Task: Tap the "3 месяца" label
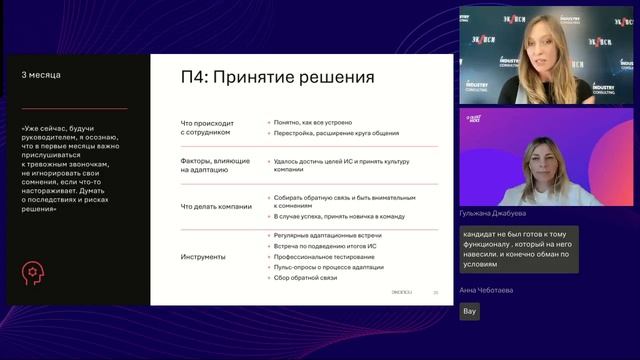click(41, 75)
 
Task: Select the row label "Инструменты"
click(203, 257)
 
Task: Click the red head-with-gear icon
click(35, 273)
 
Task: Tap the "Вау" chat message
click(470, 311)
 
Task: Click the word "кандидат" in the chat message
click(482, 235)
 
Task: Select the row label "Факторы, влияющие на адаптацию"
click(208, 163)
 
